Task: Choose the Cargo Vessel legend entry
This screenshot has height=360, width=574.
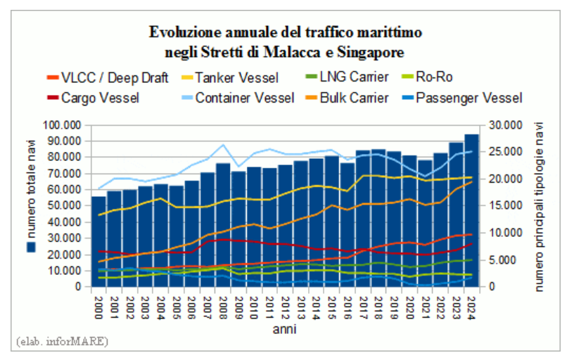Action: [x=100, y=98]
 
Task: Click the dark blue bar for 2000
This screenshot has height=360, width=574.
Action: [x=98, y=243]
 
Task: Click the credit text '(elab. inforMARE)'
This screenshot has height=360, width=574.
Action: [x=61, y=342]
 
